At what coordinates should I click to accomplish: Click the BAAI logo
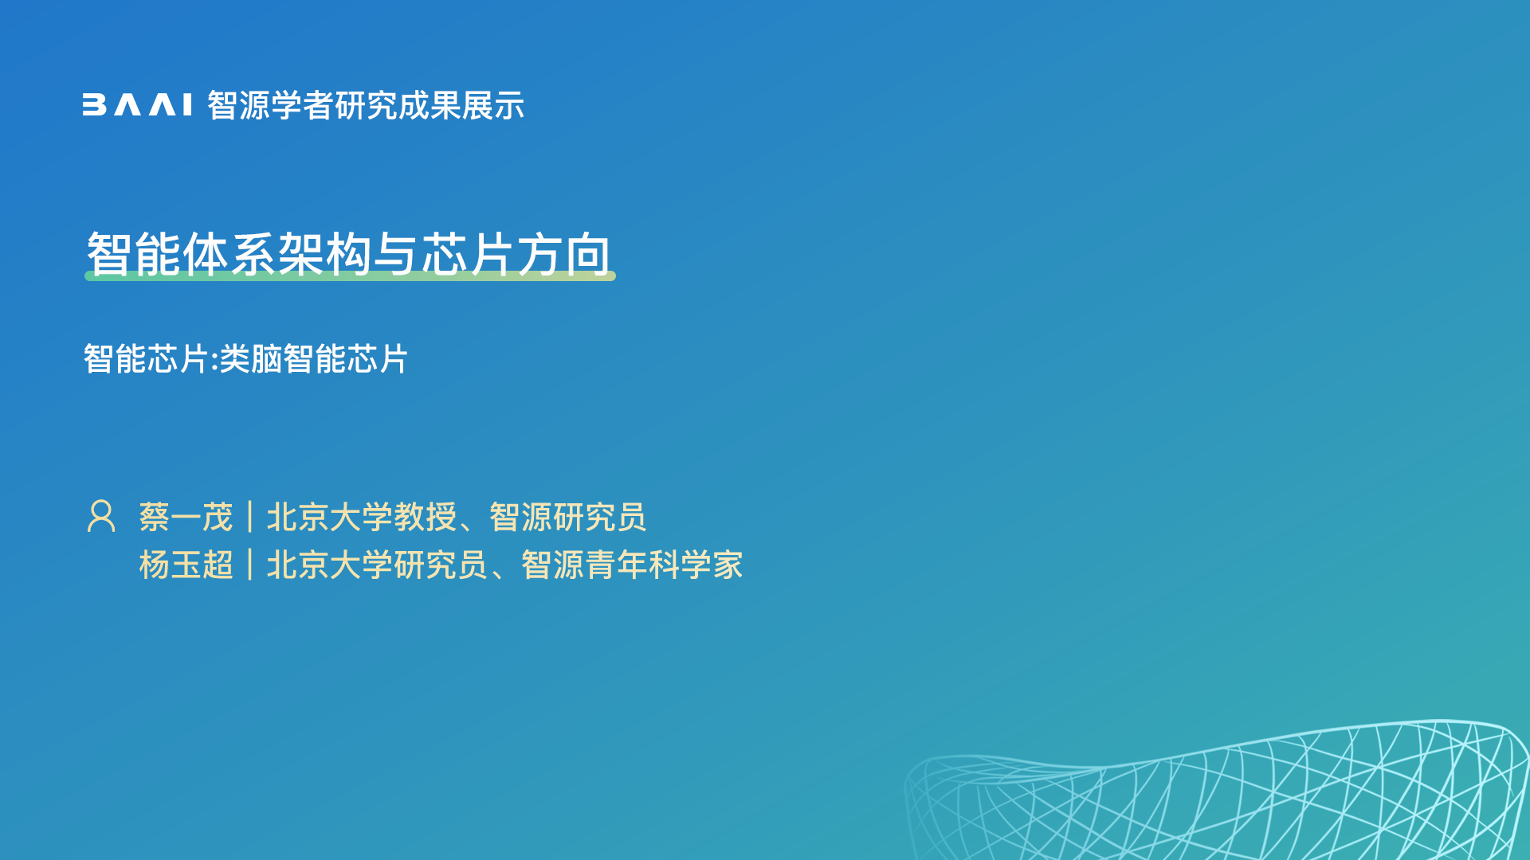(x=137, y=105)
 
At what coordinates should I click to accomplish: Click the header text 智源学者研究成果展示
(x=366, y=105)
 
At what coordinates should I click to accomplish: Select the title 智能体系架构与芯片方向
(x=349, y=254)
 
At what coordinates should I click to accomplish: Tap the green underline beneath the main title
(x=350, y=276)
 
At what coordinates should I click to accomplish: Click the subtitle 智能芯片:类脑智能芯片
(x=245, y=359)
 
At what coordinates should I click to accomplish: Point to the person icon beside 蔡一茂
(x=101, y=516)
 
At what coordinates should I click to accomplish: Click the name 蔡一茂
(x=186, y=518)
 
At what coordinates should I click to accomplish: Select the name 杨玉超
(x=186, y=565)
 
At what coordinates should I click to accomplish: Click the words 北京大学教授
(x=361, y=518)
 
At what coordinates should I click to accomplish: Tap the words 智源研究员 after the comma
(x=567, y=518)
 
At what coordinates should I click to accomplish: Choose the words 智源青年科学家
(x=632, y=565)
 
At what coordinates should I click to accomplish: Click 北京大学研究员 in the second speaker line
(x=377, y=565)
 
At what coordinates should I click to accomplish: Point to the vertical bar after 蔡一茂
(x=250, y=518)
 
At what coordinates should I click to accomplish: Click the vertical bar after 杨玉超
(x=250, y=565)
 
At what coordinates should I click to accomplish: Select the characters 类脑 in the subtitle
(x=251, y=359)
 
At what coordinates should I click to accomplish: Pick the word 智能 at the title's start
(x=134, y=254)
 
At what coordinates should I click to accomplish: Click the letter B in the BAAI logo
(x=94, y=105)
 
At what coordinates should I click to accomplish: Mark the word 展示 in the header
(x=493, y=105)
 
